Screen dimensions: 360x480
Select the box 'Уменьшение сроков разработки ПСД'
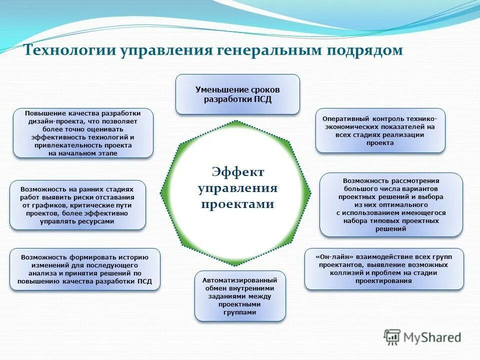tap(237, 94)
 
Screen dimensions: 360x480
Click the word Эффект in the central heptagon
tap(238, 172)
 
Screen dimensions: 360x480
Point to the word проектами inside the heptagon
tap(238, 204)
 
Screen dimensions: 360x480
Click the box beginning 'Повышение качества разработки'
tap(83, 133)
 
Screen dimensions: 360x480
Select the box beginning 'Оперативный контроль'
tap(380, 130)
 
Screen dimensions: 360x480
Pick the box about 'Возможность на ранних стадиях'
tap(77, 205)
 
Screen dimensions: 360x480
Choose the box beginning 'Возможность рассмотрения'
tap(391, 204)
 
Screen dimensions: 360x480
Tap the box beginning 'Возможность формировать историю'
tap(85, 269)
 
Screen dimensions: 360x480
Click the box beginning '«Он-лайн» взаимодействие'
tap(384, 268)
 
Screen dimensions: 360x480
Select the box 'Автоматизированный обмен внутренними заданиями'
tap(240, 296)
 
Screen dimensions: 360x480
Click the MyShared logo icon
tap(392, 337)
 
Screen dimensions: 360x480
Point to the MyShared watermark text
tap(432, 337)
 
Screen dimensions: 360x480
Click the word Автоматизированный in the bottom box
tap(240, 280)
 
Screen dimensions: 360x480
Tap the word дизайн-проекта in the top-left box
tap(54, 121)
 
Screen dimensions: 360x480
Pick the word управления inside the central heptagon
tap(238, 188)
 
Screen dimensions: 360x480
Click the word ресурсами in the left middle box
tap(98, 220)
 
